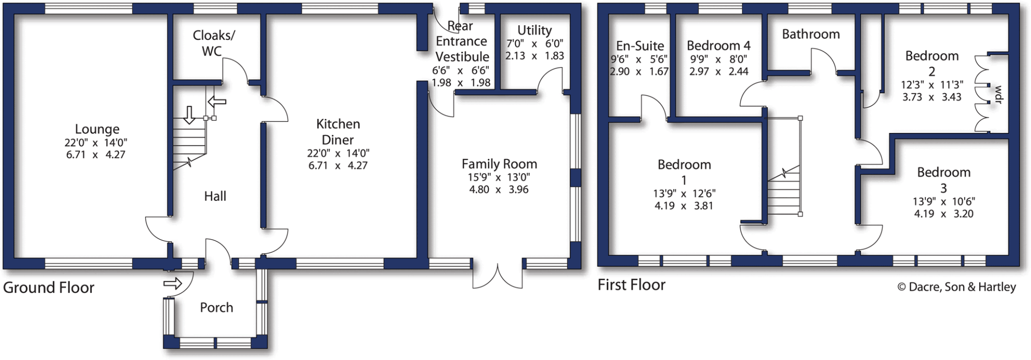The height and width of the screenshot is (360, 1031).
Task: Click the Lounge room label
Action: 97,129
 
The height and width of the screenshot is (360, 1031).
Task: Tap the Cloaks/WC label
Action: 213,43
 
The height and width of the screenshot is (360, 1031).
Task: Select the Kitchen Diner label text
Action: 338,131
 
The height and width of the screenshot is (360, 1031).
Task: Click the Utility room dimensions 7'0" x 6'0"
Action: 535,44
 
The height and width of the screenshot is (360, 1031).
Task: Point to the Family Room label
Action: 499,164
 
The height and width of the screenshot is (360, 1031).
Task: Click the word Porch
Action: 216,308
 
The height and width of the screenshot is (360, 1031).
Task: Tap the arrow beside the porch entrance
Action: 173,284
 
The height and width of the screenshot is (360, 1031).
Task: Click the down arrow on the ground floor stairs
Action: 189,115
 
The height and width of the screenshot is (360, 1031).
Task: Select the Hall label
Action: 215,196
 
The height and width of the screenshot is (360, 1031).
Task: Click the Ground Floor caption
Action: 48,288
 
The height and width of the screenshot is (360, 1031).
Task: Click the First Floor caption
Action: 631,285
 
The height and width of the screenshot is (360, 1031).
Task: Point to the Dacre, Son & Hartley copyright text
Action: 956,287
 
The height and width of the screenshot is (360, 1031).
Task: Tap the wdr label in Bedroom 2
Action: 998,95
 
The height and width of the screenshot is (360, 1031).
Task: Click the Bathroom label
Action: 811,34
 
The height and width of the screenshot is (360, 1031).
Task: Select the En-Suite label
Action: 640,46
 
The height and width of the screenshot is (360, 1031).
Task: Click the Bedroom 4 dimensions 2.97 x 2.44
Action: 718,71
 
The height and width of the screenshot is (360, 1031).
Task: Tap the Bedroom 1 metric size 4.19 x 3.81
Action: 684,206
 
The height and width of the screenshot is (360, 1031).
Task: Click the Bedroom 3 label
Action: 943,180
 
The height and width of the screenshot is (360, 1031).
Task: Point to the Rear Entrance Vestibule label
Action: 461,41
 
